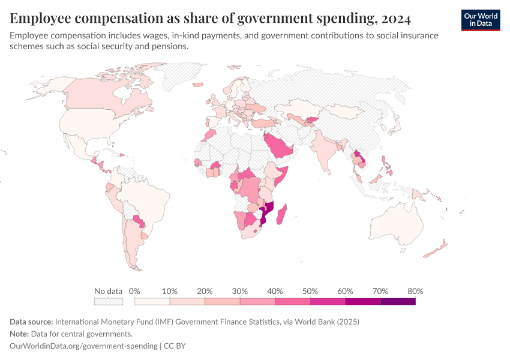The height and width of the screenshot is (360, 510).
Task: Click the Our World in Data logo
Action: tap(481, 20)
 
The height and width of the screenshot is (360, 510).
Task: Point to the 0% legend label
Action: tap(134, 291)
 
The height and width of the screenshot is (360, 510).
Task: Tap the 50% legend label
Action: tap(310, 291)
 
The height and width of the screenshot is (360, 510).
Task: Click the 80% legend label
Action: tap(415, 291)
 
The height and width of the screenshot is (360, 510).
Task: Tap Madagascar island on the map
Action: tap(283, 215)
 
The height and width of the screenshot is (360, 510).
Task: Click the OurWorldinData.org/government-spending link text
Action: tap(83, 346)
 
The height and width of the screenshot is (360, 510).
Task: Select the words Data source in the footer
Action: tap(31, 322)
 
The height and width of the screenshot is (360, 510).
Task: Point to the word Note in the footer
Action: tap(20, 334)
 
